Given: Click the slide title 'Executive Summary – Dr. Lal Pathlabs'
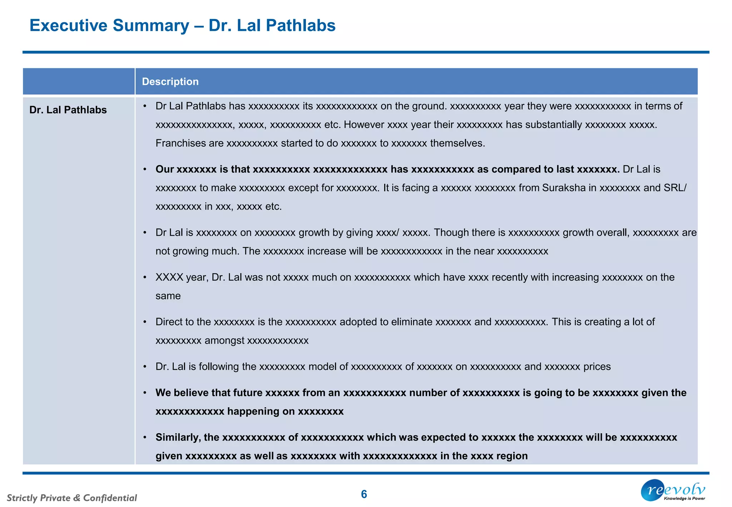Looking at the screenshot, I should point(182,26).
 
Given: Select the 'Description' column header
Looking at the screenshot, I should point(170,82).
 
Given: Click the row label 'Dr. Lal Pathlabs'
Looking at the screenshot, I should point(68,110).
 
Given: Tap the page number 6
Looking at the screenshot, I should point(364,494).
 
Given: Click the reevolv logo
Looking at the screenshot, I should point(673,491).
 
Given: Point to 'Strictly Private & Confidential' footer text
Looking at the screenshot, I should point(72,498).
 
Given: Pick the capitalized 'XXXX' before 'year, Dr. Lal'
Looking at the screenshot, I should point(169,277).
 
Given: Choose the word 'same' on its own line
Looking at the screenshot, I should point(168,296).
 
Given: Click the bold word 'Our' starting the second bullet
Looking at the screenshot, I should point(164,169).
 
